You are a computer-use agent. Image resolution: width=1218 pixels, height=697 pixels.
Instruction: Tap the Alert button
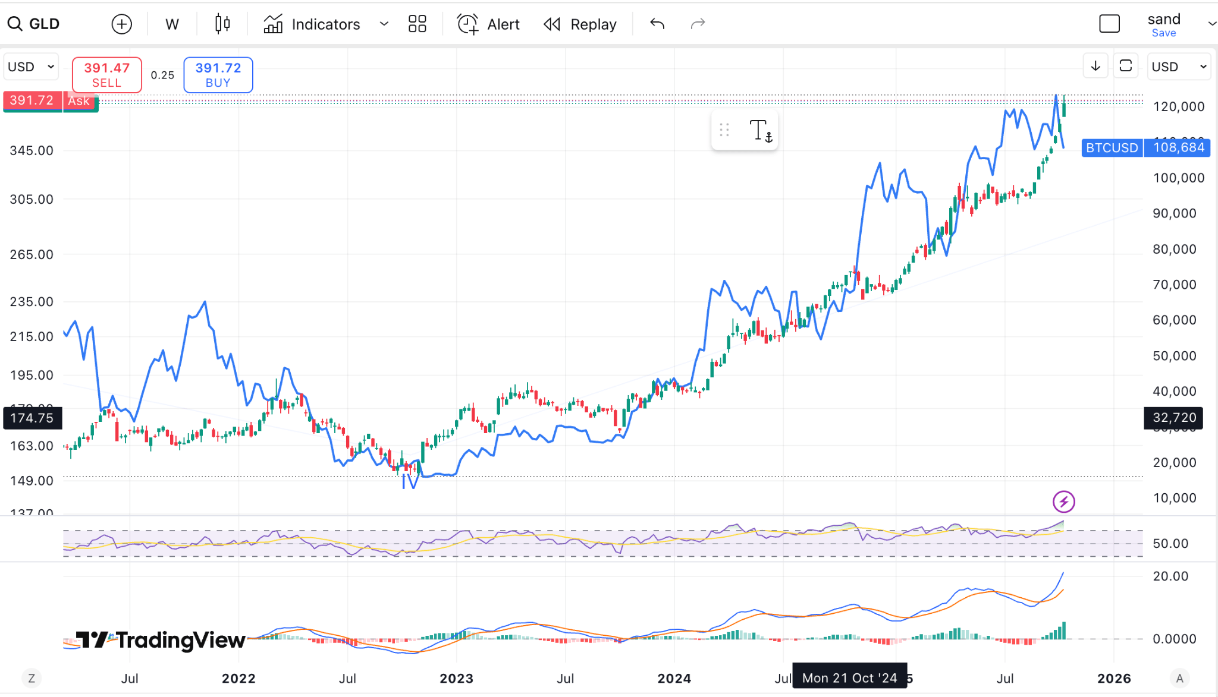488,24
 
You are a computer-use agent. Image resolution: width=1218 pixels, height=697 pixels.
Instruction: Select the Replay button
580,24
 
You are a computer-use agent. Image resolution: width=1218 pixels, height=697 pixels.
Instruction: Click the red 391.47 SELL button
106,75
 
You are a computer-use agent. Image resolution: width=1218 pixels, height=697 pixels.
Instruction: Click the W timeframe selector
172,24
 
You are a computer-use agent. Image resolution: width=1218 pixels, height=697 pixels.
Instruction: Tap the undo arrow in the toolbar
657,24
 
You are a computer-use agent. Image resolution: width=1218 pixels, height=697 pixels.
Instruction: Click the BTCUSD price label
1112,147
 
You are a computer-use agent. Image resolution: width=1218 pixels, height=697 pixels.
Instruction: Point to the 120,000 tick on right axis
1178,106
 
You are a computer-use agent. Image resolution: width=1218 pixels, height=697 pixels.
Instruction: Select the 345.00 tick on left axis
32,150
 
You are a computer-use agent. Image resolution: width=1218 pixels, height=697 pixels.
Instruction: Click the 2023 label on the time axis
456,678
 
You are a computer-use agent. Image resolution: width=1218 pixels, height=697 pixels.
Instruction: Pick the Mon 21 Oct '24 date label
849,678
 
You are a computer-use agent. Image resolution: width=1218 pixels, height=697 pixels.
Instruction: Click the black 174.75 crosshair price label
32,418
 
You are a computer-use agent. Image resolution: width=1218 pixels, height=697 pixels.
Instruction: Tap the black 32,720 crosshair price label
1174,417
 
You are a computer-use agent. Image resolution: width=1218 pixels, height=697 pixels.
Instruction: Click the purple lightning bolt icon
1063,502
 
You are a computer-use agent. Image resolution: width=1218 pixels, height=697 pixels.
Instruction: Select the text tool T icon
760,130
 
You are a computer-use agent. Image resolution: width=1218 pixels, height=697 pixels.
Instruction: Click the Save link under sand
1163,33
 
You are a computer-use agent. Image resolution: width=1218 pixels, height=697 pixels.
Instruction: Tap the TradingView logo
161,640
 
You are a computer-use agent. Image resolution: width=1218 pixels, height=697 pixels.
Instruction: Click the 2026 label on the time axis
1114,678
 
